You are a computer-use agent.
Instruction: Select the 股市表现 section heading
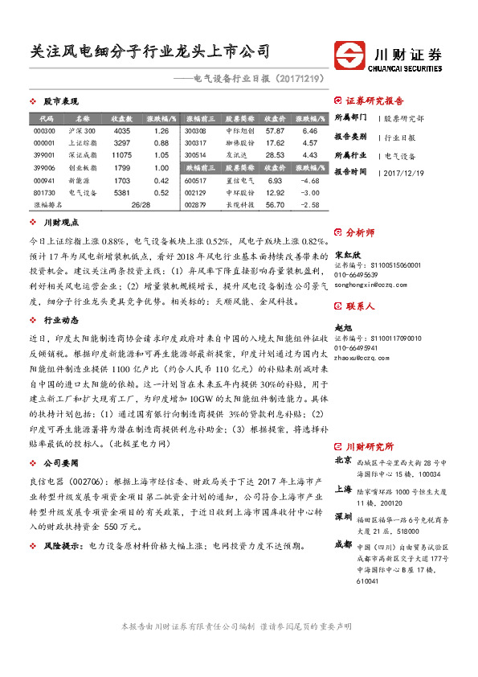[x=61, y=101]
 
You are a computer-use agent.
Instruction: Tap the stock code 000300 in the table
[x=45, y=130]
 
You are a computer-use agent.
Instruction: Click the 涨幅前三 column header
[x=196, y=117]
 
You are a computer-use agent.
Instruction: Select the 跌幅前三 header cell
[x=196, y=168]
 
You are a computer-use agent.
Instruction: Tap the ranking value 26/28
[x=141, y=206]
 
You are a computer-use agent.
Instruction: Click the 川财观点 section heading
[x=61, y=221]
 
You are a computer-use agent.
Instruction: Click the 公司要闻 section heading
[x=61, y=463]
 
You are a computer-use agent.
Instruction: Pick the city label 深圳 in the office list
[x=343, y=515]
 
